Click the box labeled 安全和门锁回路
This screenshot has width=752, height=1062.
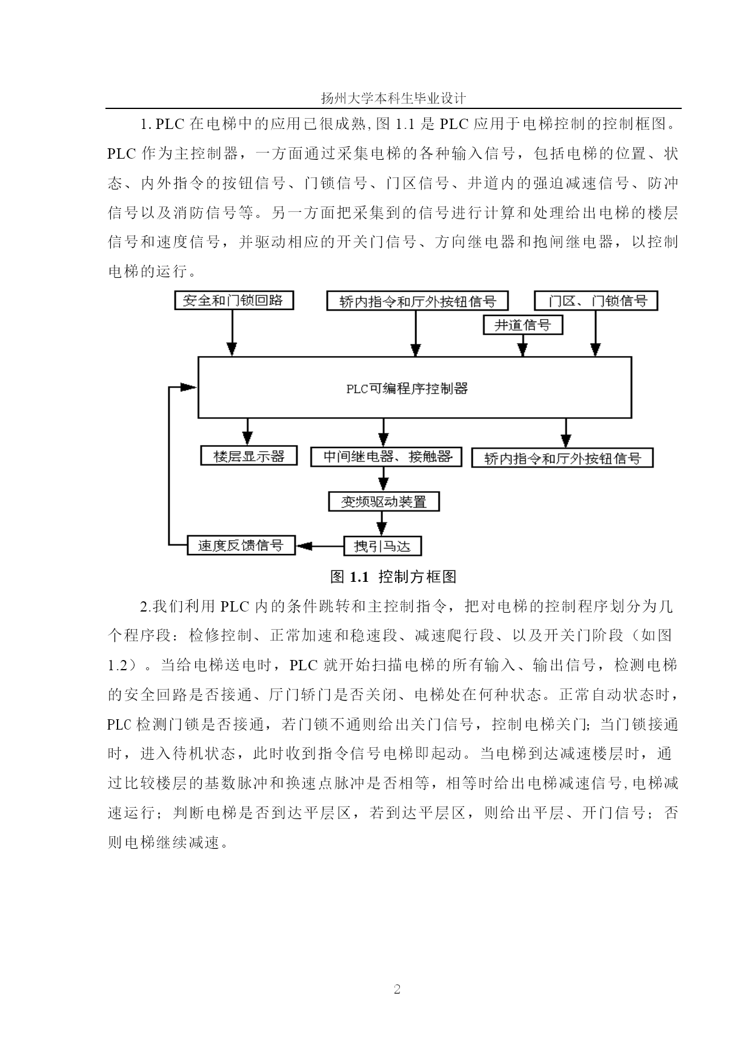[x=233, y=300]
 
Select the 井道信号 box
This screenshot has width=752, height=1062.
[x=522, y=325]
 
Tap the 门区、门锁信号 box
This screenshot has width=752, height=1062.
[x=596, y=301]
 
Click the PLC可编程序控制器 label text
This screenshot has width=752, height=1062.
[x=407, y=389]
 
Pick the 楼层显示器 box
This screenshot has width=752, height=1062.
[x=249, y=456]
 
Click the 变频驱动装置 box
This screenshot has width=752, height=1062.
[x=384, y=502]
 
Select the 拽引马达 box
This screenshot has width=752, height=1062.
[x=382, y=546]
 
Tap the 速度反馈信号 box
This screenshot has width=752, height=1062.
[x=241, y=545]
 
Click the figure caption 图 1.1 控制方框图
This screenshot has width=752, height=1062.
[x=393, y=577]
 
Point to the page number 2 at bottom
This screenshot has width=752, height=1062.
[x=398, y=990]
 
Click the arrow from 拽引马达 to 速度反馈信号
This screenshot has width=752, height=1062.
[x=319, y=546]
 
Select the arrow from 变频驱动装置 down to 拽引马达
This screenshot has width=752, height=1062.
[x=382, y=524]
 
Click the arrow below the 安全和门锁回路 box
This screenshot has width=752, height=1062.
[x=231, y=333]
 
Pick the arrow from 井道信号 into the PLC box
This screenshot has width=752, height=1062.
[x=522, y=346]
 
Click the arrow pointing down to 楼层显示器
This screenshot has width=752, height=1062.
[x=247, y=432]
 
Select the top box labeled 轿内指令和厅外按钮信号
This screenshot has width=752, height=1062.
[x=417, y=301]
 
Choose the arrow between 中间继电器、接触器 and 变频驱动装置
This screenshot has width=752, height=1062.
[x=383, y=479]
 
